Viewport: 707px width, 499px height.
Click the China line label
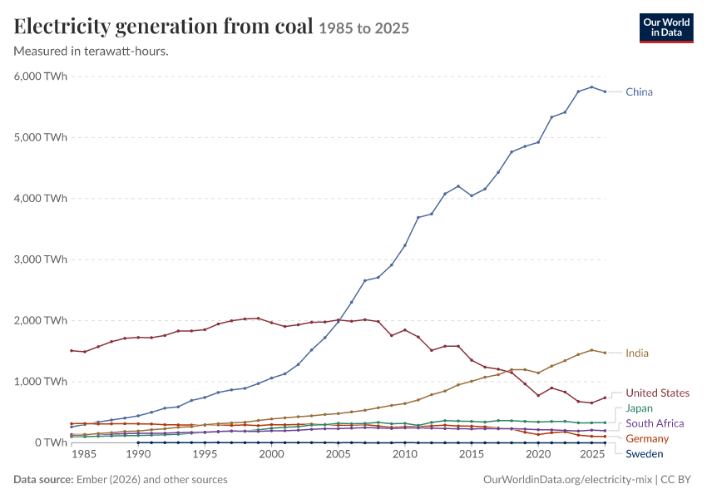tap(639, 92)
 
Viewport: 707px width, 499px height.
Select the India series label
tap(636, 353)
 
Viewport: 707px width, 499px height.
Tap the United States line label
tap(657, 393)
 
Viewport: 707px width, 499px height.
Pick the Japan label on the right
tap(639, 408)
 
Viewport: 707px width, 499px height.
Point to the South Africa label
tap(655, 423)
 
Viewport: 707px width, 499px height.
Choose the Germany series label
tap(647, 438)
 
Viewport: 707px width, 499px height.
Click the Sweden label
tap(645, 454)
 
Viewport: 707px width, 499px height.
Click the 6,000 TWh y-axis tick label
tap(41, 77)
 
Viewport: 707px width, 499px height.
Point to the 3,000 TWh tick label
tap(41, 259)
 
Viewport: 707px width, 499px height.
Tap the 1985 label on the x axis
tap(84, 454)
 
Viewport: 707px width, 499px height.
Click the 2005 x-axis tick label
tap(339, 454)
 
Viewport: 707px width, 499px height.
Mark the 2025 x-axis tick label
tap(592, 454)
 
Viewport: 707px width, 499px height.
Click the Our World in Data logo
tap(666, 28)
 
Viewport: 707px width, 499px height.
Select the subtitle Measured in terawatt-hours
tap(91, 52)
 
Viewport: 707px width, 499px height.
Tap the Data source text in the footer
tap(121, 480)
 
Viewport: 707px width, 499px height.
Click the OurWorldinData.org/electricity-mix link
tap(567, 480)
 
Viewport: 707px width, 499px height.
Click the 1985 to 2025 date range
tap(363, 28)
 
